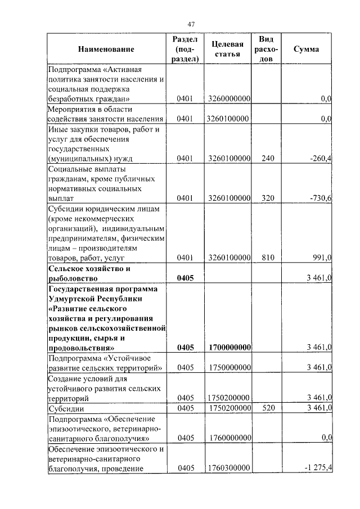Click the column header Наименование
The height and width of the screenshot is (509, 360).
(x=106, y=49)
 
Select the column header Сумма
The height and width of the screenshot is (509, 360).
(x=307, y=49)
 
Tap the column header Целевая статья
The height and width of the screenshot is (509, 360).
(x=227, y=49)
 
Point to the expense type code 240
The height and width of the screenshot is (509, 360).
(x=268, y=159)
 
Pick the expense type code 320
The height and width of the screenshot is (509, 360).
(x=268, y=199)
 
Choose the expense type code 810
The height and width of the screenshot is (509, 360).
(x=268, y=258)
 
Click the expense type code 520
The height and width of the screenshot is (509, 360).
(x=268, y=407)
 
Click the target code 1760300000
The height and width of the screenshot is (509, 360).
(x=228, y=468)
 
